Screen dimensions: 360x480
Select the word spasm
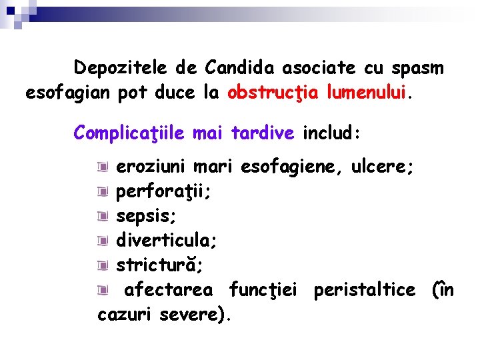point(418,68)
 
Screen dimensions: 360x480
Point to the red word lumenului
point(366,93)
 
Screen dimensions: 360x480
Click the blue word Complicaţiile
point(130,133)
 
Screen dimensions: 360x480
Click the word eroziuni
point(151,167)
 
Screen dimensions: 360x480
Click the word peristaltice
point(365,290)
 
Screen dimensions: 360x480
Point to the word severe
point(195,315)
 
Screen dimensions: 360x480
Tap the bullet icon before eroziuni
point(101,167)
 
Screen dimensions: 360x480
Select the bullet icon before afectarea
point(101,290)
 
